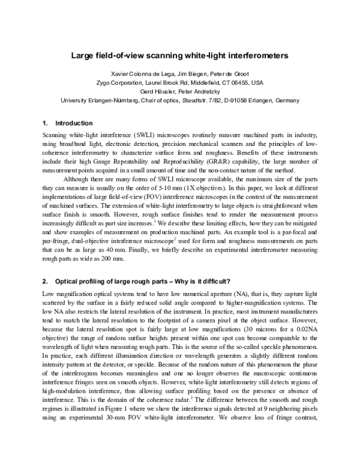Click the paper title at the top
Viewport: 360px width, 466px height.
(180, 55)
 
